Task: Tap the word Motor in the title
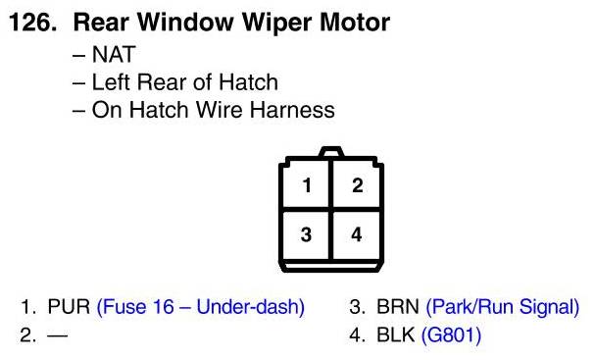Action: click(x=355, y=22)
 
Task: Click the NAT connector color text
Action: click(x=114, y=54)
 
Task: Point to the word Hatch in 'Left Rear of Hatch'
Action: click(x=248, y=82)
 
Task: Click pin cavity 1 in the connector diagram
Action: click(x=306, y=185)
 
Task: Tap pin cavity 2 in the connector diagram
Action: click(x=357, y=185)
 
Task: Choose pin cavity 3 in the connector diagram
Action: click(x=306, y=235)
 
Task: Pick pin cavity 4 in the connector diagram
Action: click(x=357, y=235)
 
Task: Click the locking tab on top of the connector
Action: click(x=331, y=152)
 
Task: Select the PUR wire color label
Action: click(x=69, y=307)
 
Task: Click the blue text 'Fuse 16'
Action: click(x=135, y=307)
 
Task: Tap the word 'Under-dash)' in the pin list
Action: click(x=250, y=307)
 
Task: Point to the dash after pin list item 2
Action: click(x=58, y=335)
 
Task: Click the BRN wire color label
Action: click(x=398, y=307)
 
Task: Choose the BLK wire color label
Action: click(x=395, y=334)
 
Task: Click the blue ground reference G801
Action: click(x=451, y=334)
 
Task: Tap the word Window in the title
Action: click(x=186, y=22)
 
